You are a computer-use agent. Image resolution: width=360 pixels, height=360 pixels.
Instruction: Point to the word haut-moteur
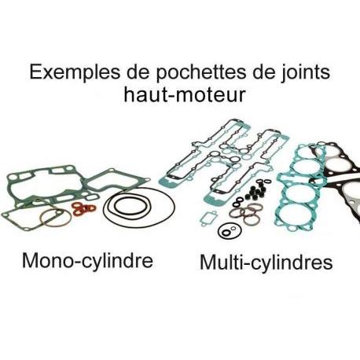coord(185,94)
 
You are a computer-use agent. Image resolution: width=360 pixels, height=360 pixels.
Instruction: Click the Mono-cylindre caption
coord(87,260)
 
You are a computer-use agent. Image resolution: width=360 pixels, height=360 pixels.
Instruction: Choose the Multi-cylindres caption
coord(266,262)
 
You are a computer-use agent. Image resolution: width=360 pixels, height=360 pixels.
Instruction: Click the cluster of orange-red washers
coord(84,209)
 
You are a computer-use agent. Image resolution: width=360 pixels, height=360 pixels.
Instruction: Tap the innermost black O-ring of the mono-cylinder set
coord(129,206)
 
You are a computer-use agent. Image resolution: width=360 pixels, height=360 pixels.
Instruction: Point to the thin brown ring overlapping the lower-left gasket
coord(56,219)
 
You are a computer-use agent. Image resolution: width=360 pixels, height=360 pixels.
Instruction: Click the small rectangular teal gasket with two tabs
coord(208,218)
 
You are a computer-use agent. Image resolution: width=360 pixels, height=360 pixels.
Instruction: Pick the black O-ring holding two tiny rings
coord(230,231)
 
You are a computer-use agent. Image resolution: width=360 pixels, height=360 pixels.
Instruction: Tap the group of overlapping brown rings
coord(245,213)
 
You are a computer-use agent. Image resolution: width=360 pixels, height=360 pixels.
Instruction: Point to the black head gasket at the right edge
coord(338,178)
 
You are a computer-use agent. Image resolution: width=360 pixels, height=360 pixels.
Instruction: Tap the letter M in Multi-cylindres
coord(209,262)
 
